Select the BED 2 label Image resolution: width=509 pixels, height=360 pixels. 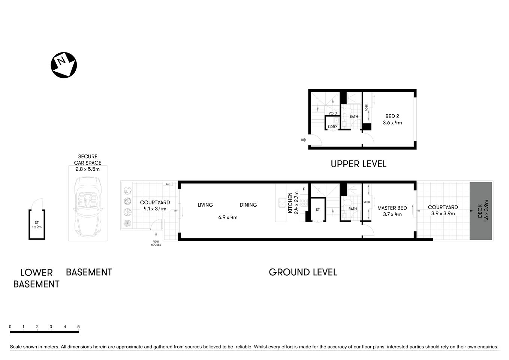tap(392, 116)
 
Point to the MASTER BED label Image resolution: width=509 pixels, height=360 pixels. tap(392, 208)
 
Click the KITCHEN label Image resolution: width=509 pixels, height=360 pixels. tap(290, 203)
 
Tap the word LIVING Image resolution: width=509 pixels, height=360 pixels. tap(205, 205)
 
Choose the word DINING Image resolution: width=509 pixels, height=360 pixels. tap(248, 205)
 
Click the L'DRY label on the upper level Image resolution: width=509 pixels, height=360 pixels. tap(332, 127)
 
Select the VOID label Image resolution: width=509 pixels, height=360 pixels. tap(332, 113)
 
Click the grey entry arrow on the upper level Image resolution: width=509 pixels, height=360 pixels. tap(303, 140)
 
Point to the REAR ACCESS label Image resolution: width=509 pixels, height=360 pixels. tap(156, 243)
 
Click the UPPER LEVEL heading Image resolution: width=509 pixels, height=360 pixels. tap(358, 164)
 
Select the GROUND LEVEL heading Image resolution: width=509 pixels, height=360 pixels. tap(303, 272)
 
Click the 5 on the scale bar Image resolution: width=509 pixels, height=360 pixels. tap(78, 327)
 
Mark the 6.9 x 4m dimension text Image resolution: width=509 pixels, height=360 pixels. tap(228, 217)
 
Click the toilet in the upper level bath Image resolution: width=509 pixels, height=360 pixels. tap(347, 111)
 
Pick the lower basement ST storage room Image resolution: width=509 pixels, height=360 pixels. tap(37, 224)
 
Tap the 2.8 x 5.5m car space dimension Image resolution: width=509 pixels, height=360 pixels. tap(88, 169)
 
